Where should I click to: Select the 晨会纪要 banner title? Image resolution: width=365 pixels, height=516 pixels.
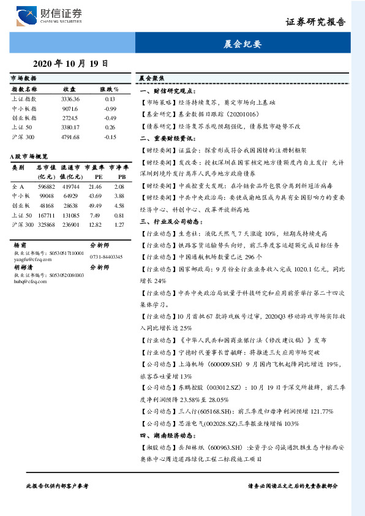tap(242, 44)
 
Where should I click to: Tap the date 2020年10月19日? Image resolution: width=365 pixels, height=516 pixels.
tap(70, 63)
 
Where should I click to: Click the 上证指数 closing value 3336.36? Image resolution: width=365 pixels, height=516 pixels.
tap(70, 99)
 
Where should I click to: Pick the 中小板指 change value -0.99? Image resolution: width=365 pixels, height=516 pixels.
tap(110, 108)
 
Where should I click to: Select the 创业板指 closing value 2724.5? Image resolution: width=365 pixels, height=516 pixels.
tap(70, 118)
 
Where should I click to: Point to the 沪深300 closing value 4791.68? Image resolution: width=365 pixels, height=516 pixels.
tap(70, 137)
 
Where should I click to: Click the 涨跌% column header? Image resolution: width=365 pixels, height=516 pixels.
tap(110, 89)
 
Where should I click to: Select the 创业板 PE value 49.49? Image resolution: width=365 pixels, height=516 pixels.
tap(95, 205)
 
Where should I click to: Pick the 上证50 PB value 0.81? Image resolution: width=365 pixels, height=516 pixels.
tap(119, 215)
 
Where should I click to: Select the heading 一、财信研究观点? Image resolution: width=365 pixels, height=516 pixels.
tap(167, 90)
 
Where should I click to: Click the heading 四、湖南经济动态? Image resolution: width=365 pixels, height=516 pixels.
tap(167, 434)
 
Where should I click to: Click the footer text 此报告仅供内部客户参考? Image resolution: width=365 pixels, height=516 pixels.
tap(58, 485)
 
